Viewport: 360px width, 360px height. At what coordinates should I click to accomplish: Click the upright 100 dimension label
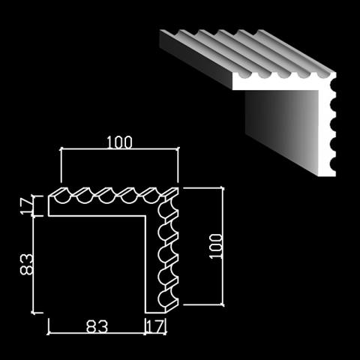[119, 142]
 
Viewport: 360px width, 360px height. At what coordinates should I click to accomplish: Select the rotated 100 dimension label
[217, 246]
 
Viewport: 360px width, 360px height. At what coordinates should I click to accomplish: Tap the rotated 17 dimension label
[26, 205]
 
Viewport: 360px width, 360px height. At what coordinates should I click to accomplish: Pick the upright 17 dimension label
[156, 326]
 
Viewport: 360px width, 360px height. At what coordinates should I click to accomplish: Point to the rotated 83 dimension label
[26, 265]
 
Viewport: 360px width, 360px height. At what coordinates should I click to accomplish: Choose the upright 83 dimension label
[97, 326]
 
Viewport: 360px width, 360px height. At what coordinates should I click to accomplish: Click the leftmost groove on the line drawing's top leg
[63, 198]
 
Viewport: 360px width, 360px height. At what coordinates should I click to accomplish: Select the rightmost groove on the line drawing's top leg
[151, 198]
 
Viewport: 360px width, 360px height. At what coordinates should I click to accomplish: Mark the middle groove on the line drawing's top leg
[107, 198]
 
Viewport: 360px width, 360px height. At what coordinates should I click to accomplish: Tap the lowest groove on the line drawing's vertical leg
[163, 298]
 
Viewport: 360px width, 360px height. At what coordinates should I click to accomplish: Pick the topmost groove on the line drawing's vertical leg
[163, 210]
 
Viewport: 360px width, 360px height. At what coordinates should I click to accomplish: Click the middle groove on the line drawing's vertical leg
[163, 254]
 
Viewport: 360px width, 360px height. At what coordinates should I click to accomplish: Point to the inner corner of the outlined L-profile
[145, 216]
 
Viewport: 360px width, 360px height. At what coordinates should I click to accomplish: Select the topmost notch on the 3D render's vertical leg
[333, 85]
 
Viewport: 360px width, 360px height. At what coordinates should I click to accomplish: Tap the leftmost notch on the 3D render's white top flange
[244, 74]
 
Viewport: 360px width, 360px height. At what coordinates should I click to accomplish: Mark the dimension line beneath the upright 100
[120, 149]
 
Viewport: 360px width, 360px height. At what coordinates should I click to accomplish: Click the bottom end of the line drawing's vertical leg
[156, 313]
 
